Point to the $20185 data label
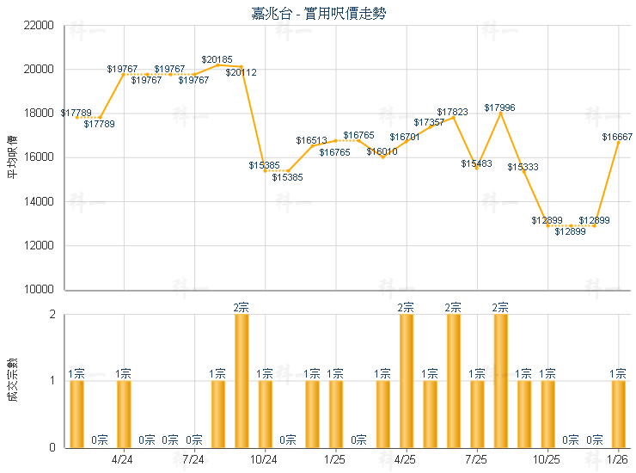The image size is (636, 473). (x=217, y=60)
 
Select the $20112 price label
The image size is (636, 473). (x=242, y=73)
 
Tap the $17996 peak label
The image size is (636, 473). (x=499, y=107)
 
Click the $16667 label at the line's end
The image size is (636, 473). (x=617, y=137)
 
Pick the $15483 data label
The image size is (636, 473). (x=476, y=163)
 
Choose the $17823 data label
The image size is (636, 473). (x=452, y=113)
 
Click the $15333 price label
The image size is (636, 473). (x=523, y=167)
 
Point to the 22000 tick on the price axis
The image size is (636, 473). (x=40, y=26)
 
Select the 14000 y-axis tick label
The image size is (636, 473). (x=40, y=202)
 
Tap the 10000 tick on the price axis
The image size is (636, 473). (x=40, y=290)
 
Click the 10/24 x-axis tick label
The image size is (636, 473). (x=264, y=460)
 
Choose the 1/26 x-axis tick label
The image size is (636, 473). (x=617, y=460)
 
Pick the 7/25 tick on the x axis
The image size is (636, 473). (x=476, y=460)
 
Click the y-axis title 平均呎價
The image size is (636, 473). (x=12, y=157)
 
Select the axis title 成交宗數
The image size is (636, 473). (x=12, y=380)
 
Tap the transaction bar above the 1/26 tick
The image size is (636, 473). (x=618, y=414)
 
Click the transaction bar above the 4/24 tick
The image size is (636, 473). (x=124, y=414)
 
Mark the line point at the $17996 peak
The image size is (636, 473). (x=500, y=113)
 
